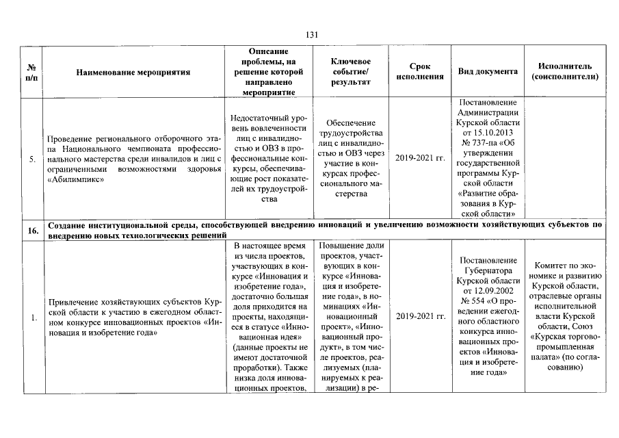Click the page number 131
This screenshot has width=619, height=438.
(311, 35)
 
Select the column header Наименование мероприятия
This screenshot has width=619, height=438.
(133, 72)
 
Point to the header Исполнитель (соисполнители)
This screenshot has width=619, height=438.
(564, 72)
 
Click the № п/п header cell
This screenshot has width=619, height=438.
(32, 72)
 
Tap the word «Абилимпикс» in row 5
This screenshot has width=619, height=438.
(72, 179)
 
